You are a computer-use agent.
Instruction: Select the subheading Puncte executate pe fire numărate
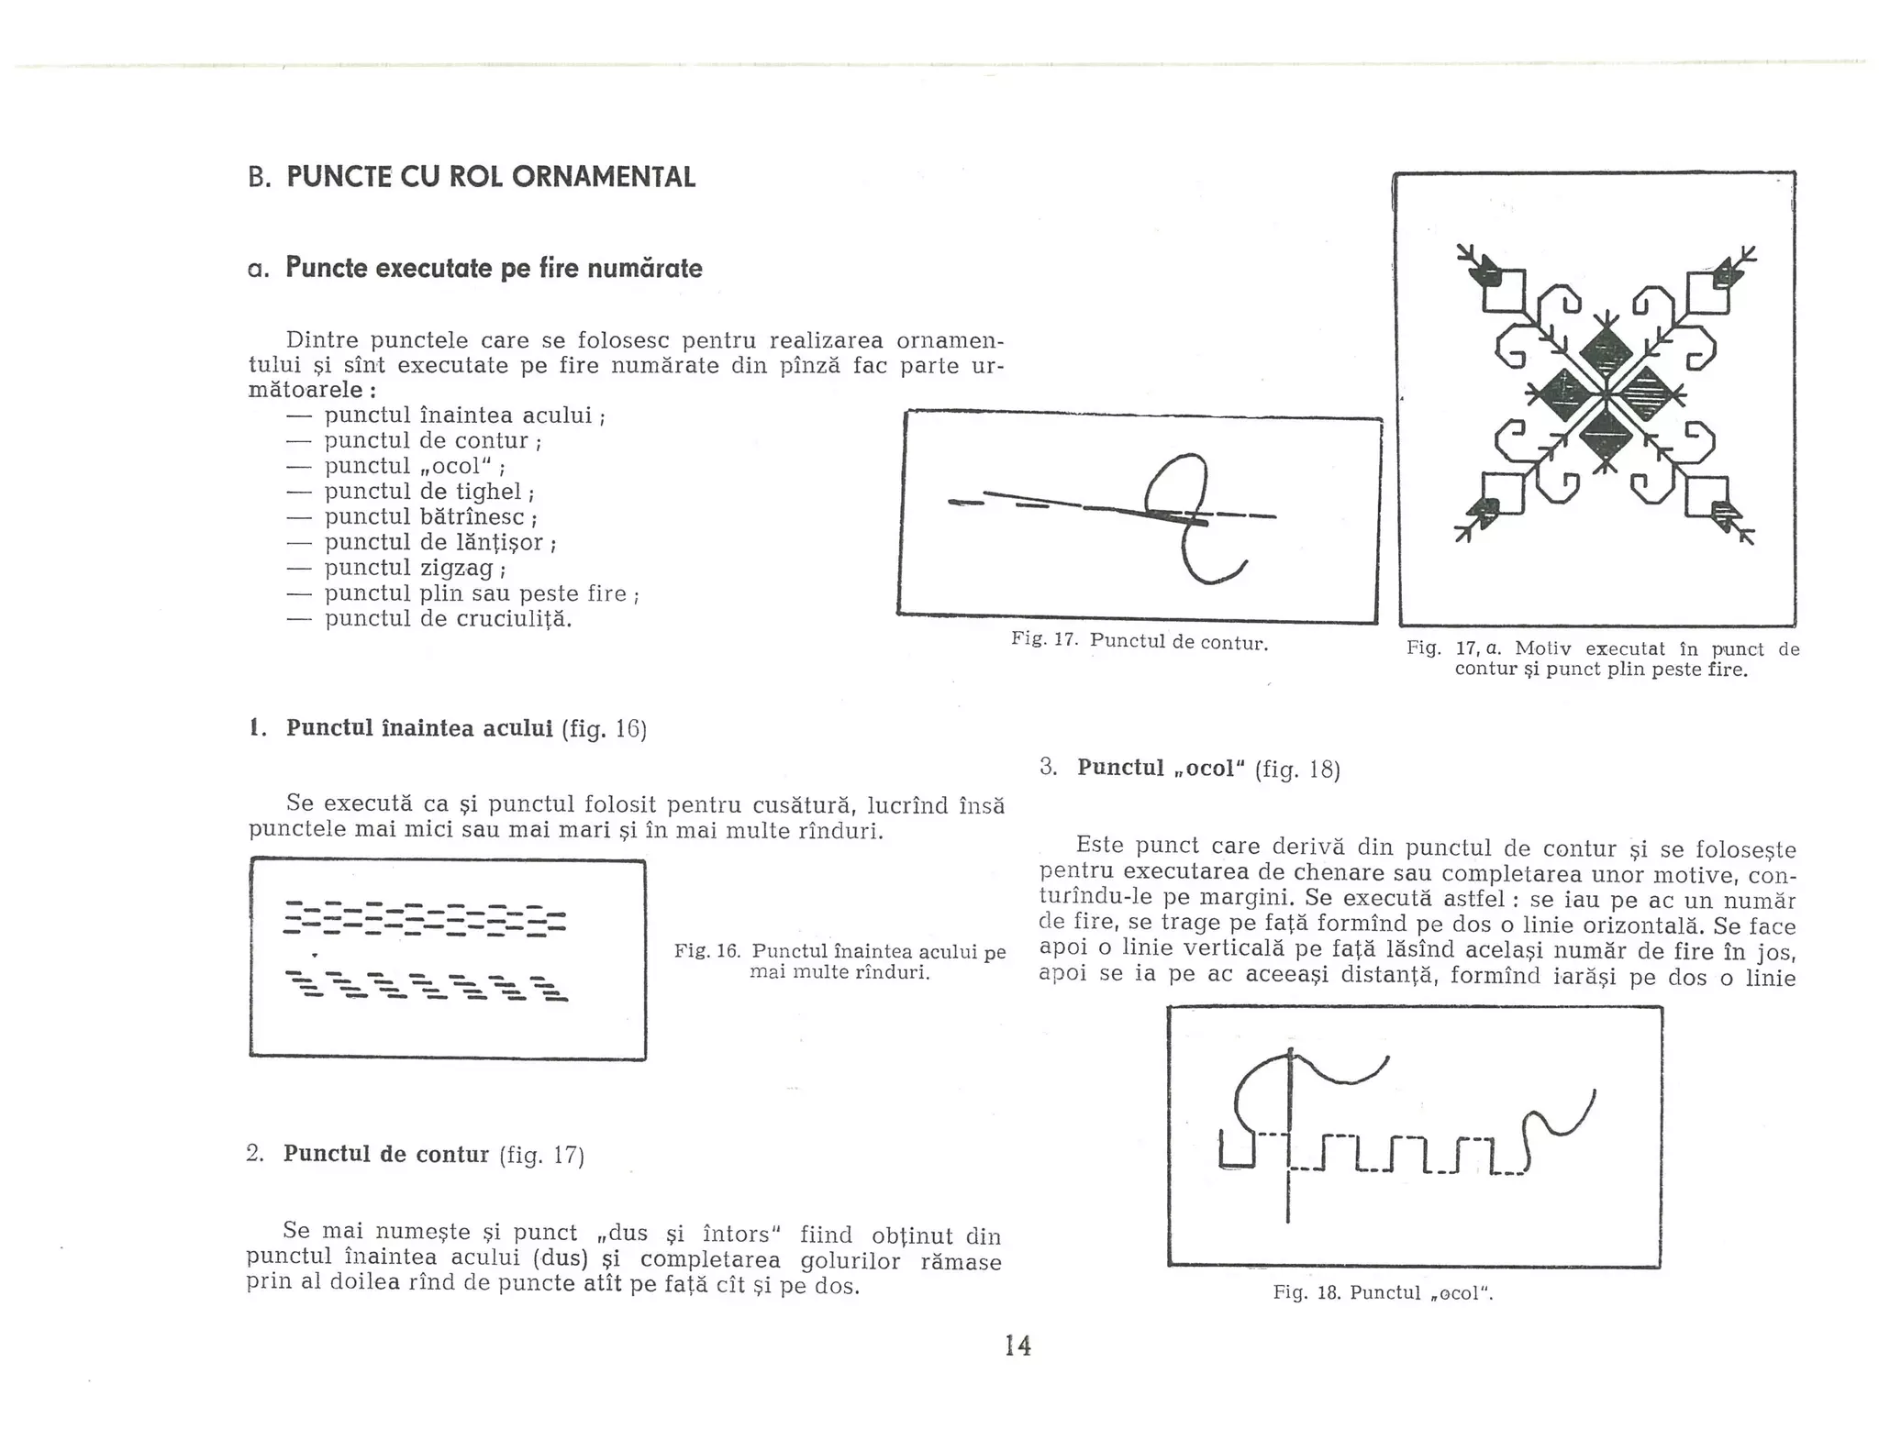pos(494,268)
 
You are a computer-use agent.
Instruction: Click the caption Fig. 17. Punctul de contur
pos(1140,642)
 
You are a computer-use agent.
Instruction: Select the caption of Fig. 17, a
pos(1602,659)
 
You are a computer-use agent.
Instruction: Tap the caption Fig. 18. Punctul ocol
pos(1383,1293)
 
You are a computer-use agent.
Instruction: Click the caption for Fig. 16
pos(839,961)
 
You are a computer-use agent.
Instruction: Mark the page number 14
pos(1017,1346)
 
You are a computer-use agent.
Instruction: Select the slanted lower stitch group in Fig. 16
pos(427,986)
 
